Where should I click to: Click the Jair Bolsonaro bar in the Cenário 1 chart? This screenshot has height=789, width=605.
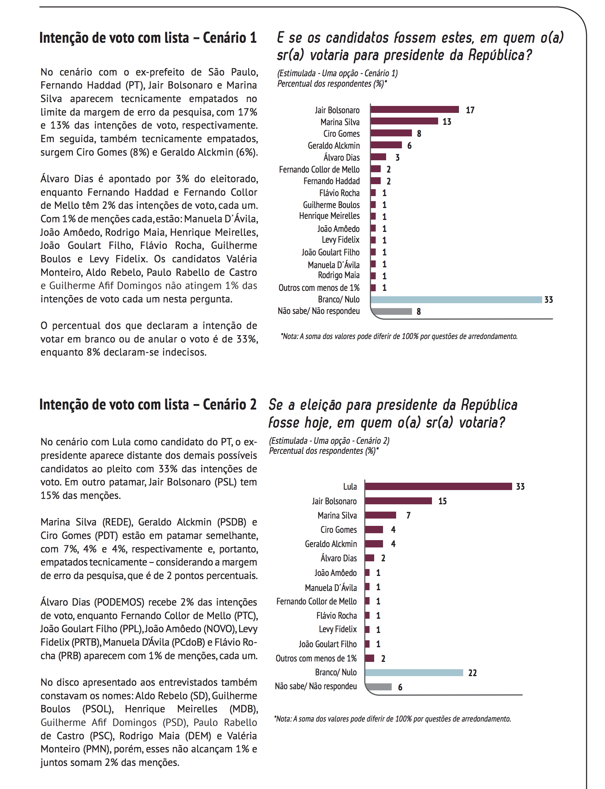pos(415,110)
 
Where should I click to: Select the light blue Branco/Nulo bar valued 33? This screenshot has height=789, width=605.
pos(456,300)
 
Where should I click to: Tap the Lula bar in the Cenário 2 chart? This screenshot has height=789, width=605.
pos(439,487)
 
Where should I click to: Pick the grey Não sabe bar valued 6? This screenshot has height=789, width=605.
pos(379,687)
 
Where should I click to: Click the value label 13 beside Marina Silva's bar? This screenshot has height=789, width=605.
pos(447,122)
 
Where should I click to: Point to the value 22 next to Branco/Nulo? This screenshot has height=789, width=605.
pos(472,673)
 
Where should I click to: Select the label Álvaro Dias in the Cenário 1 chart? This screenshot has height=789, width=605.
pos(341,158)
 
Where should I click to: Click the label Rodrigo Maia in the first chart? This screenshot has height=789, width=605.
pos(338,275)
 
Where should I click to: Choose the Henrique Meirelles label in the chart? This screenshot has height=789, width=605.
pos(329,216)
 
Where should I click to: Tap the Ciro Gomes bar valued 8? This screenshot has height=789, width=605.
pos(392,133)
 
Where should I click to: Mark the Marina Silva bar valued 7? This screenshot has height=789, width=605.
pos(381,515)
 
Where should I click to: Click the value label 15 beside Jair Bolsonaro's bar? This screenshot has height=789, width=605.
pos(442,501)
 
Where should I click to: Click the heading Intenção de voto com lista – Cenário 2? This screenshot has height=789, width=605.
pos(148,405)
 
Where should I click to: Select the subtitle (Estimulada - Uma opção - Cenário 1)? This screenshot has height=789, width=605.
pos(338,73)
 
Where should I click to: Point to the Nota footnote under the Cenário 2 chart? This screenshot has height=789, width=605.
pos(392,719)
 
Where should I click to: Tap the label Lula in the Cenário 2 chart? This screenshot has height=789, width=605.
pos(350,487)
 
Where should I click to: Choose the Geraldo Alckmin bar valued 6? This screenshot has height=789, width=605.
pos(387,145)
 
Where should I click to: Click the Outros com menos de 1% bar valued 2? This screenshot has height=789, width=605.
pos(370,658)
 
